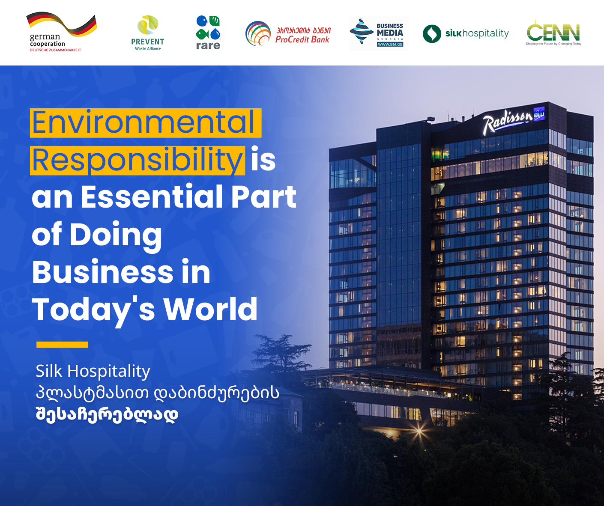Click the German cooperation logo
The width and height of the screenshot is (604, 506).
tap(62, 32)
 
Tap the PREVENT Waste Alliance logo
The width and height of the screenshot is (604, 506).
tap(147, 33)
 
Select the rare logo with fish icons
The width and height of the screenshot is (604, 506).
tap(208, 33)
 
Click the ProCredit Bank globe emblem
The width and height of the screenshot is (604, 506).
tap(258, 33)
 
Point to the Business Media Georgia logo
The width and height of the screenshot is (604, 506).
tap(379, 33)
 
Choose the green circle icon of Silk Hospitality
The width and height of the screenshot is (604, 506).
tap(432, 34)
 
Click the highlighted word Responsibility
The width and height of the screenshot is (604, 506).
tap(138, 161)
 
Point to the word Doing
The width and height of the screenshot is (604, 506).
tap(116, 235)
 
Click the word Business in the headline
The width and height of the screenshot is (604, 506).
tap(103, 272)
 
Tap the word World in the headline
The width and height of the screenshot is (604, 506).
tap(211, 309)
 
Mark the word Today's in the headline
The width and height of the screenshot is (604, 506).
tap(93, 311)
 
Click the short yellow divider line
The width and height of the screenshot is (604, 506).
tap(62, 344)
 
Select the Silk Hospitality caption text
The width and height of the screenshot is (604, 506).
tap(93, 371)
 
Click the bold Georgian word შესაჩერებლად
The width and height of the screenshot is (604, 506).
tap(107, 414)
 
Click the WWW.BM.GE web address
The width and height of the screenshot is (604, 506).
tap(390, 45)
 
